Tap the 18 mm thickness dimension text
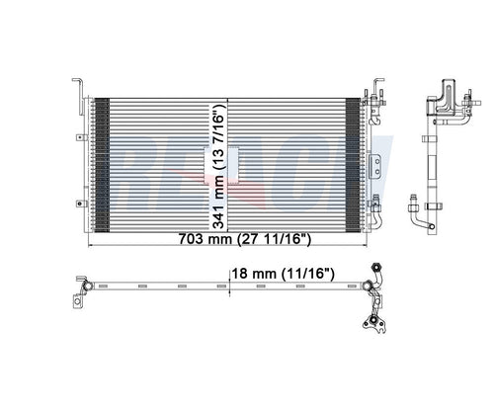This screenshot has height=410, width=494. (250, 270)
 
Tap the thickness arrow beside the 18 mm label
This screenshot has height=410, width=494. (229, 287)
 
